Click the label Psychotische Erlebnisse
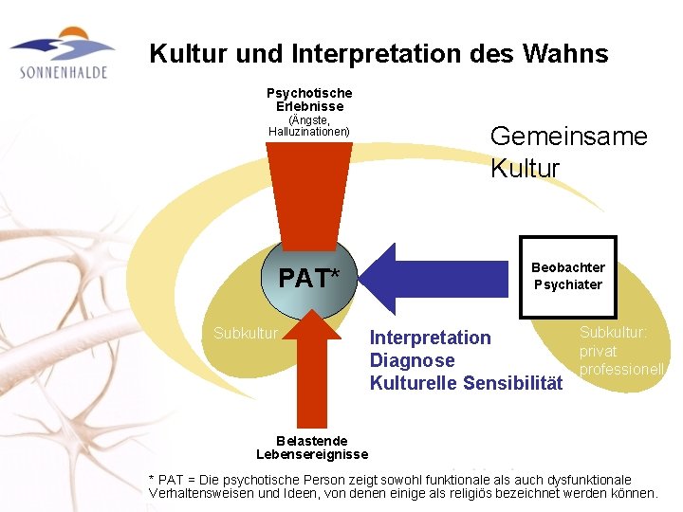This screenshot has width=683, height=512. [x=309, y=100]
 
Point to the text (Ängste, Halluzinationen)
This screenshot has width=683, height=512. [x=309, y=125]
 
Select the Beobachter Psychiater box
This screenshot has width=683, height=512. [x=568, y=276]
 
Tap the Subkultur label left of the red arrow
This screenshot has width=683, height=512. [x=246, y=333]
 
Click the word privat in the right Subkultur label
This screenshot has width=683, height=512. [x=600, y=351]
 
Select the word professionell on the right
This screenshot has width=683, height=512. [x=622, y=368]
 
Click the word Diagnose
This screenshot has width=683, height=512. [x=412, y=360]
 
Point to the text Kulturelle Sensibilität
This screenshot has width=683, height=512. [x=466, y=383]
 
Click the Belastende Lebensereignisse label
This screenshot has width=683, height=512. [x=312, y=448]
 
